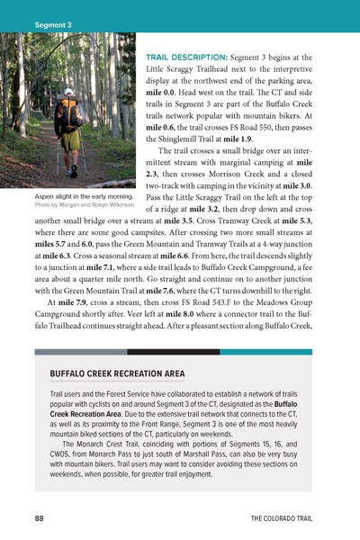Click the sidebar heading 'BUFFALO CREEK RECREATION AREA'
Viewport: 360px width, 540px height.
tap(117, 373)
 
